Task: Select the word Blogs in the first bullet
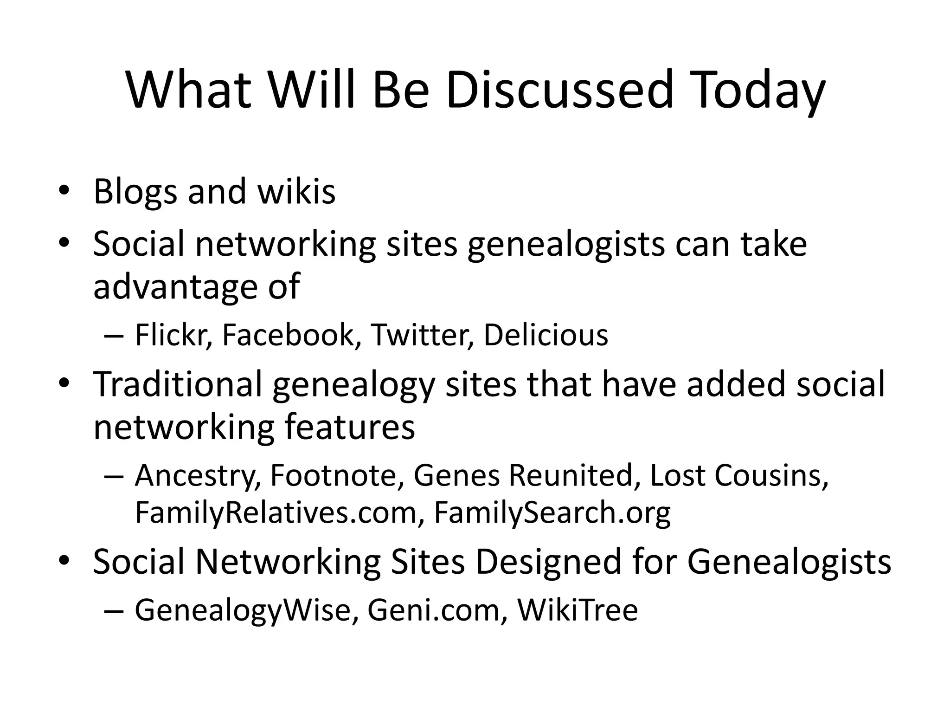tap(135, 192)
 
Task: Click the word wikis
tap(297, 192)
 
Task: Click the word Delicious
tap(546, 335)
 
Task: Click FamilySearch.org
tap(552, 512)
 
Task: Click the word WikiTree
tap(578, 610)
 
